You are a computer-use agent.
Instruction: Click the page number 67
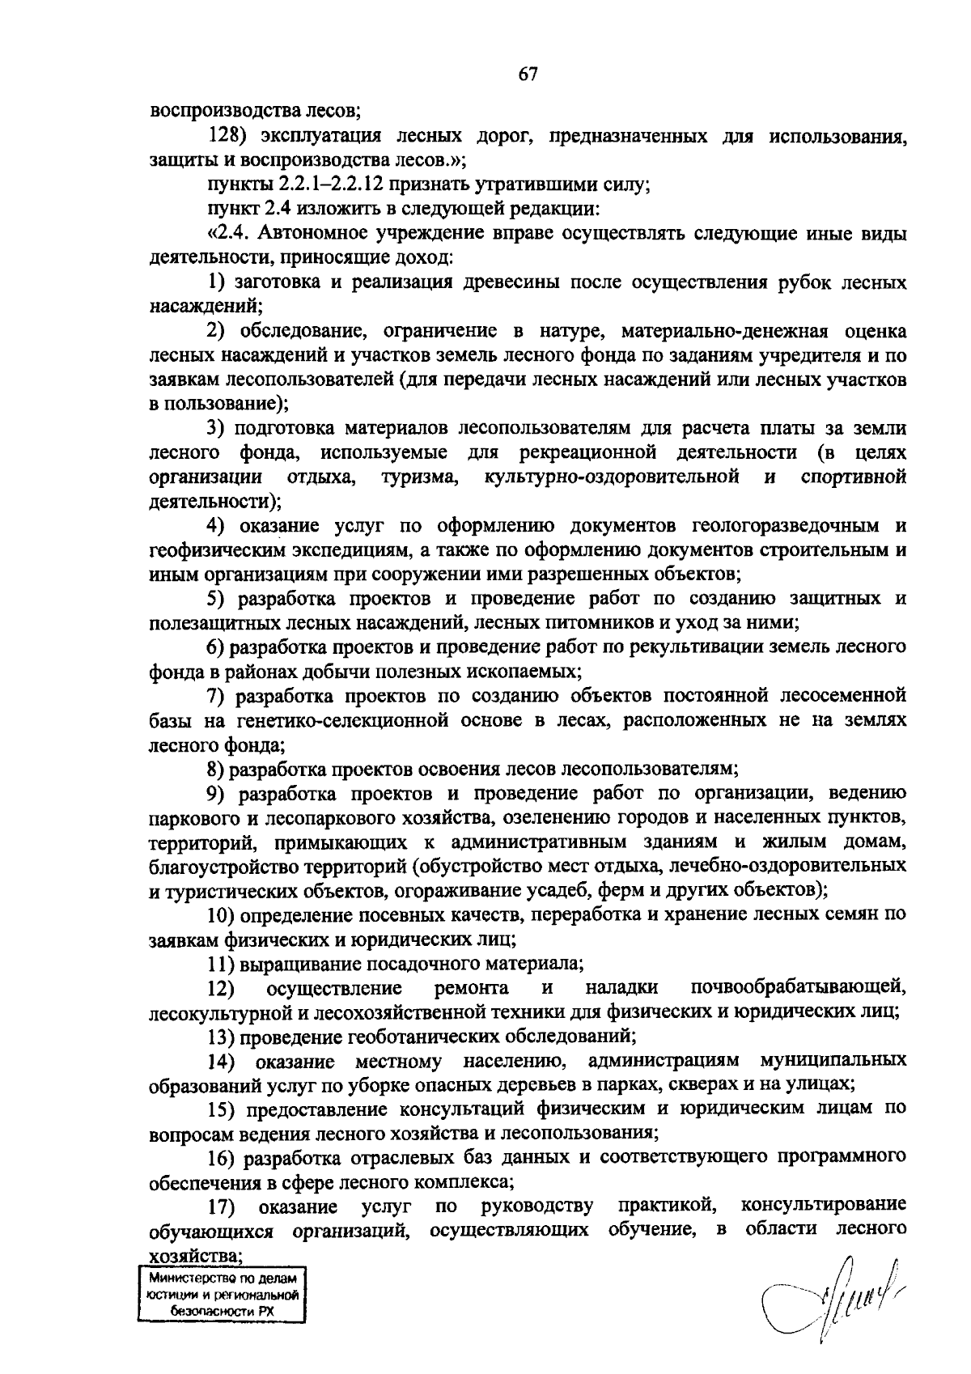[x=528, y=74]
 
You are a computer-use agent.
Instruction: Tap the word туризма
[x=421, y=477]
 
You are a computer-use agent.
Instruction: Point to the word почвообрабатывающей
[x=799, y=987]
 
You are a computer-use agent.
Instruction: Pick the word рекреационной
[x=585, y=452]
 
